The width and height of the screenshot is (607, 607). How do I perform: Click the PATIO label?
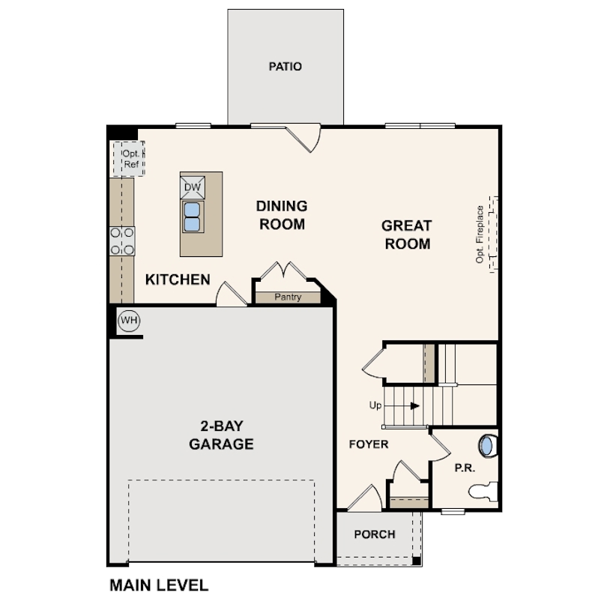pyautogui.click(x=286, y=67)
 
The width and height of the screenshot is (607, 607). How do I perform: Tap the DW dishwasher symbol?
pyautogui.click(x=193, y=187)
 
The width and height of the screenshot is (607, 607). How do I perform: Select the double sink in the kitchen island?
pyautogui.click(x=193, y=217)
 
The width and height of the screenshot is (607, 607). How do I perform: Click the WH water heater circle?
pyautogui.click(x=129, y=321)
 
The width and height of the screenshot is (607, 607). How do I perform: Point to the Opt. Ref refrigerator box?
pyautogui.click(x=129, y=159)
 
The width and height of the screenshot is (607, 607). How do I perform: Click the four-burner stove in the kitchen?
pyautogui.click(x=122, y=241)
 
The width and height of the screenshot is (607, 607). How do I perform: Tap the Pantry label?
pyautogui.click(x=288, y=297)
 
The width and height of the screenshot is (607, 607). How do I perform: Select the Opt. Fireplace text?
pyautogui.click(x=480, y=235)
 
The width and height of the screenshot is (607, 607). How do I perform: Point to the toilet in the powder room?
pyautogui.click(x=483, y=492)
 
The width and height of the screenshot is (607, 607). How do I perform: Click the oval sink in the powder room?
pyautogui.click(x=487, y=446)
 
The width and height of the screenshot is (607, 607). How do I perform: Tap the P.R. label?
pyautogui.click(x=465, y=468)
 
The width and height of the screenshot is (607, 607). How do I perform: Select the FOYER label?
pyautogui.click(x=369, y=444)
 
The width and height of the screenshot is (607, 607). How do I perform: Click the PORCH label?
pyautogui.click(x=375, y=534)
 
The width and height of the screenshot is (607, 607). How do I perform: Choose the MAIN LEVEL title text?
pyautogui.click(x=159, y=585)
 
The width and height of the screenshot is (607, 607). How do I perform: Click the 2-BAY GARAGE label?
pyautogui.click(x=221, y=435)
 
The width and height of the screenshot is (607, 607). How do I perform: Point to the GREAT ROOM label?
pyautogui.click(x=407, y=235)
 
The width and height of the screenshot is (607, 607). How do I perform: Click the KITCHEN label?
pyautogui.click(x=178, y=280)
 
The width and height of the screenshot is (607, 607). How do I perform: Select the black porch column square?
pyautogui.click(x=417, y=561)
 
